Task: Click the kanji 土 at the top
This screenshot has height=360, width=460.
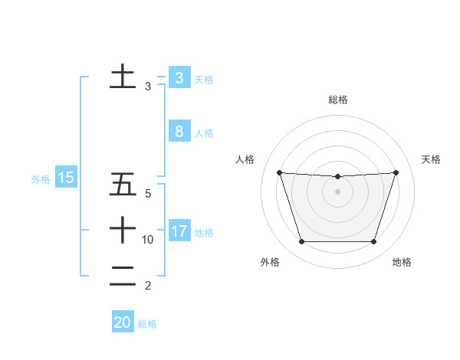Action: pyautogui.click(x=123, y=77)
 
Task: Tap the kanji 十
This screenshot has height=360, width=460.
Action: pyautogui.click(x=123, y=230)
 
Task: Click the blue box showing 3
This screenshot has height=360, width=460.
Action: pyautogui.click(x=179, y=78)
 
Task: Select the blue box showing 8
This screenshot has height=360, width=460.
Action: pyautogui.click(x=179, y=132)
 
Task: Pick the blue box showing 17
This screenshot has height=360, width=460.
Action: pyautogui.click(x=179, y=231)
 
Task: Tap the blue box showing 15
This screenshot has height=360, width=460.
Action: pyautogui.click(x=65, y=178)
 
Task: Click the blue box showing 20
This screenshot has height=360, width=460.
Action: pyautogui.click(x=123, y=322)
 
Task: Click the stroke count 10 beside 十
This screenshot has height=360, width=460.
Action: pyautogui.click(x=148, y=240)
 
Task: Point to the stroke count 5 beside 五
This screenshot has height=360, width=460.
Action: pyautogui.click(x=148, y=195)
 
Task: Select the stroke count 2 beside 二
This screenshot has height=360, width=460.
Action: pyautogui.click(x=148, y=286)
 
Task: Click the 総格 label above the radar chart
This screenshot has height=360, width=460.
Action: pyautogui.click(x=338, y=100)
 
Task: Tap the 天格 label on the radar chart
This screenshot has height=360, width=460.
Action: pyautogui.click(x=432, y=159)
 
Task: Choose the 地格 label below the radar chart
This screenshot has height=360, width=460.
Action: pyautogui.click(x=402, y=262)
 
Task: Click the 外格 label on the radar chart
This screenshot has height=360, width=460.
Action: pyautogui.click(x=270, y=262)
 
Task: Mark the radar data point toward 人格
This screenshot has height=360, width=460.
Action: pyautogui.click(x=279, y=172)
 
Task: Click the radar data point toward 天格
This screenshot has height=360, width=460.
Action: pyautogui.click(x=396, y=172)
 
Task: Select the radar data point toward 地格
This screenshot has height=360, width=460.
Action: pyautogui.click(x=374, y=242)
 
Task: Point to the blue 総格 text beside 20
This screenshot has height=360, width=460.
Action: pyautogui.click(x=147, y=324)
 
